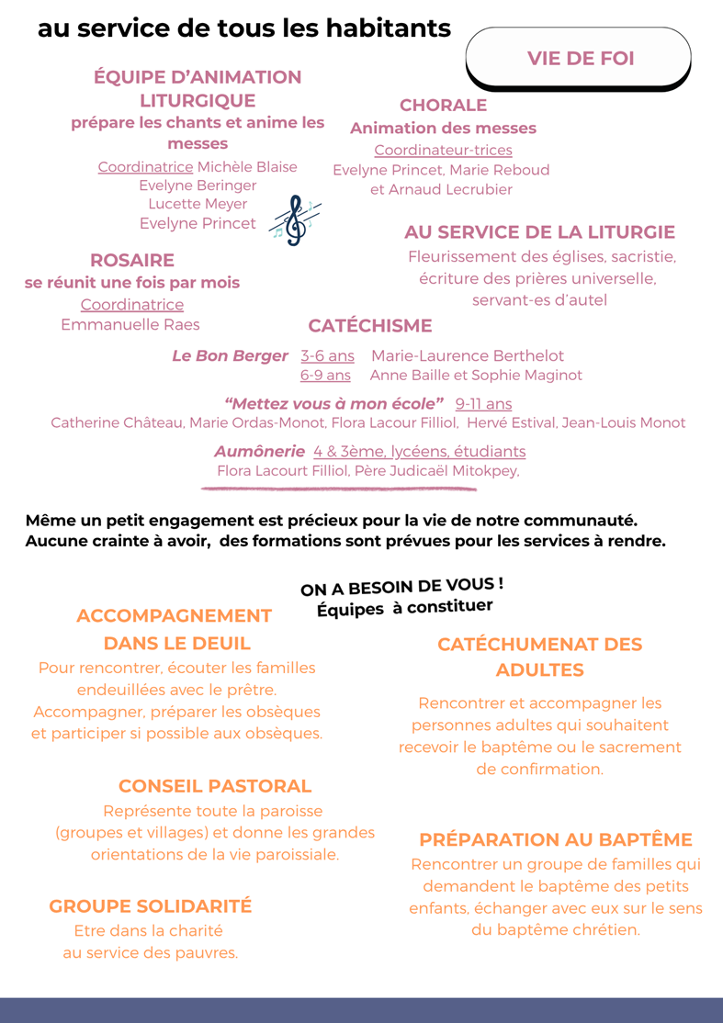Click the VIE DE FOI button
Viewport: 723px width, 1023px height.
click(x=580, y=58)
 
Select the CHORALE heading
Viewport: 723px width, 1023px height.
click(x=443, y=106)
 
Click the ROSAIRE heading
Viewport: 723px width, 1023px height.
click(x=132, y=261)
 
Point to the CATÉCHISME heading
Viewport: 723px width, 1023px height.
click(x=369, y=326)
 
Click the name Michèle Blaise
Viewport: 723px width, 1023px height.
click(x=247, y=167)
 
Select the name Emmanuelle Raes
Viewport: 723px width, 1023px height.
click(x=130, y=324)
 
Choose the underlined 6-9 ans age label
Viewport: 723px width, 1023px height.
click(x=325, y=375)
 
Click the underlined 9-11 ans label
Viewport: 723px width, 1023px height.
click(x=483, y=403)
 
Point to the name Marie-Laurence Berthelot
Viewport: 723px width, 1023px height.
click(x=468, y=355)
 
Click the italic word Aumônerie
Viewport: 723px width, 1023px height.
click(x=259, y=451)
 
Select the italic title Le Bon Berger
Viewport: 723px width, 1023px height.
click(x=230, y=355)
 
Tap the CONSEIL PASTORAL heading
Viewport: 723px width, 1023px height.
click(x=215, y=786)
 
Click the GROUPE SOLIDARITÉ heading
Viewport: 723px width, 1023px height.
click(x=150, y=906)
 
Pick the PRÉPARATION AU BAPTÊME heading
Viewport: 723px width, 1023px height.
click(x=555, y=839)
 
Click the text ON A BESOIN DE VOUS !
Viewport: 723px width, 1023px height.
click(x=401, y=587)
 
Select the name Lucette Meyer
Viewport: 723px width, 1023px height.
click(x=198, y=204)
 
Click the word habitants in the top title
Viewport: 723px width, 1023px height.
click(x=379, y=28)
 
